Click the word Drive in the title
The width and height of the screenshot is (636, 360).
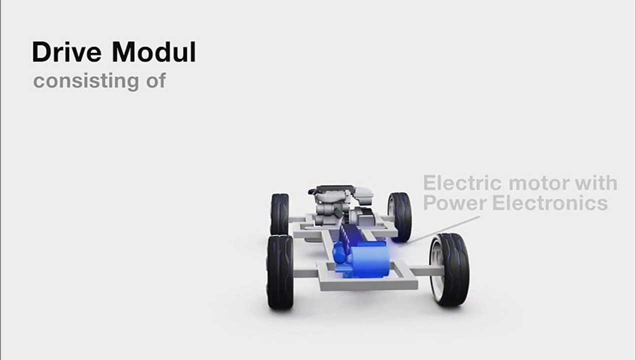[66, 52]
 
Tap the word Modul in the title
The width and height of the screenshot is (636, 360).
[153, 52]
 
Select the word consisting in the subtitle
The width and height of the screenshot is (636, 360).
[86, 82]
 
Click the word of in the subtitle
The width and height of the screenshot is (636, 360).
[156, 80]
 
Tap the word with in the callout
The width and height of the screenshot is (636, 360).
[596, 183]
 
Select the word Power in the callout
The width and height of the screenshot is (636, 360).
[455, 203]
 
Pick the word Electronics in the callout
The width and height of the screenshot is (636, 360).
[550, 203]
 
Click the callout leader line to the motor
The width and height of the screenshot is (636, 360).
[443, 229]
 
